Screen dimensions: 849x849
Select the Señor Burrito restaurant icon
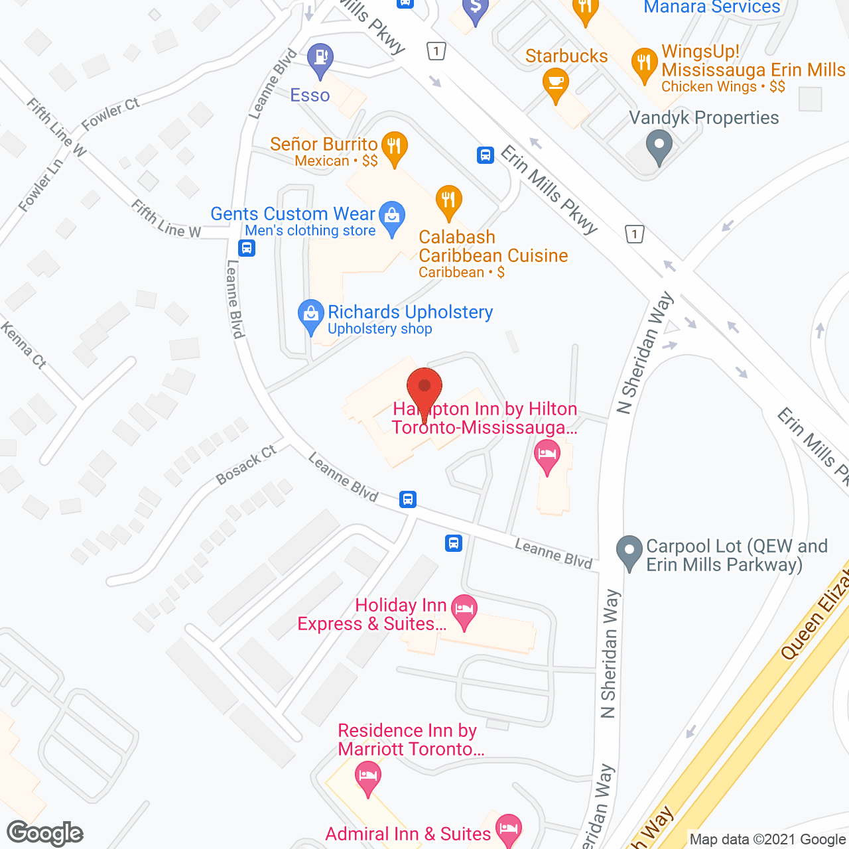395,147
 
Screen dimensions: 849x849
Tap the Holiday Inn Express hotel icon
464,610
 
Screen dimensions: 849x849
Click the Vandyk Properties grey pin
659,145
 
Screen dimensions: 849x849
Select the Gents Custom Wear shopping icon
392,216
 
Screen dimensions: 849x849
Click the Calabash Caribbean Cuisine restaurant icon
449,200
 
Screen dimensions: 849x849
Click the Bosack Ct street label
246,465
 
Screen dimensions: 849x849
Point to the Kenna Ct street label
23,345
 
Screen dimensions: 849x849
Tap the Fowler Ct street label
111,113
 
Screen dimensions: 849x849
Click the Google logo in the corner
45,833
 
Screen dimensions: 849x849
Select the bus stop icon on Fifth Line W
247,248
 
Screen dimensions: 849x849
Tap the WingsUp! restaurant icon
644,64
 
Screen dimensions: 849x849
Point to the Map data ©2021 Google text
767,840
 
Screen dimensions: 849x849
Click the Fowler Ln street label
40,185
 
